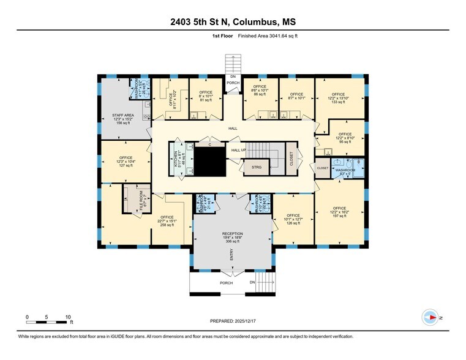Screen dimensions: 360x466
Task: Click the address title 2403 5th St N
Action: pyautogui.click(x=233, y=22)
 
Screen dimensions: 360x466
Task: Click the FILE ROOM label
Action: pyautogui.click(x=141, y=201)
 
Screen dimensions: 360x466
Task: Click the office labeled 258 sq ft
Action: pyautogui.click(x=167, y=221)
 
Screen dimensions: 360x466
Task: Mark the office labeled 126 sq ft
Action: pyautogui.click(x=293, y=219)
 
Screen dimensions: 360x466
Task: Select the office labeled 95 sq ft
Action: pyautogui.click(x=345, y=137)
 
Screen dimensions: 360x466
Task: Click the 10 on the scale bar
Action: pyautogui.click(x=67, y=317)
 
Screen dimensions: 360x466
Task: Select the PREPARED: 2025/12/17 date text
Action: pyautogui.click(x=233, y=321)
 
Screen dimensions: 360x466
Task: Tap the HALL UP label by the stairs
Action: pyautogui.click(x=238, y=150)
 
